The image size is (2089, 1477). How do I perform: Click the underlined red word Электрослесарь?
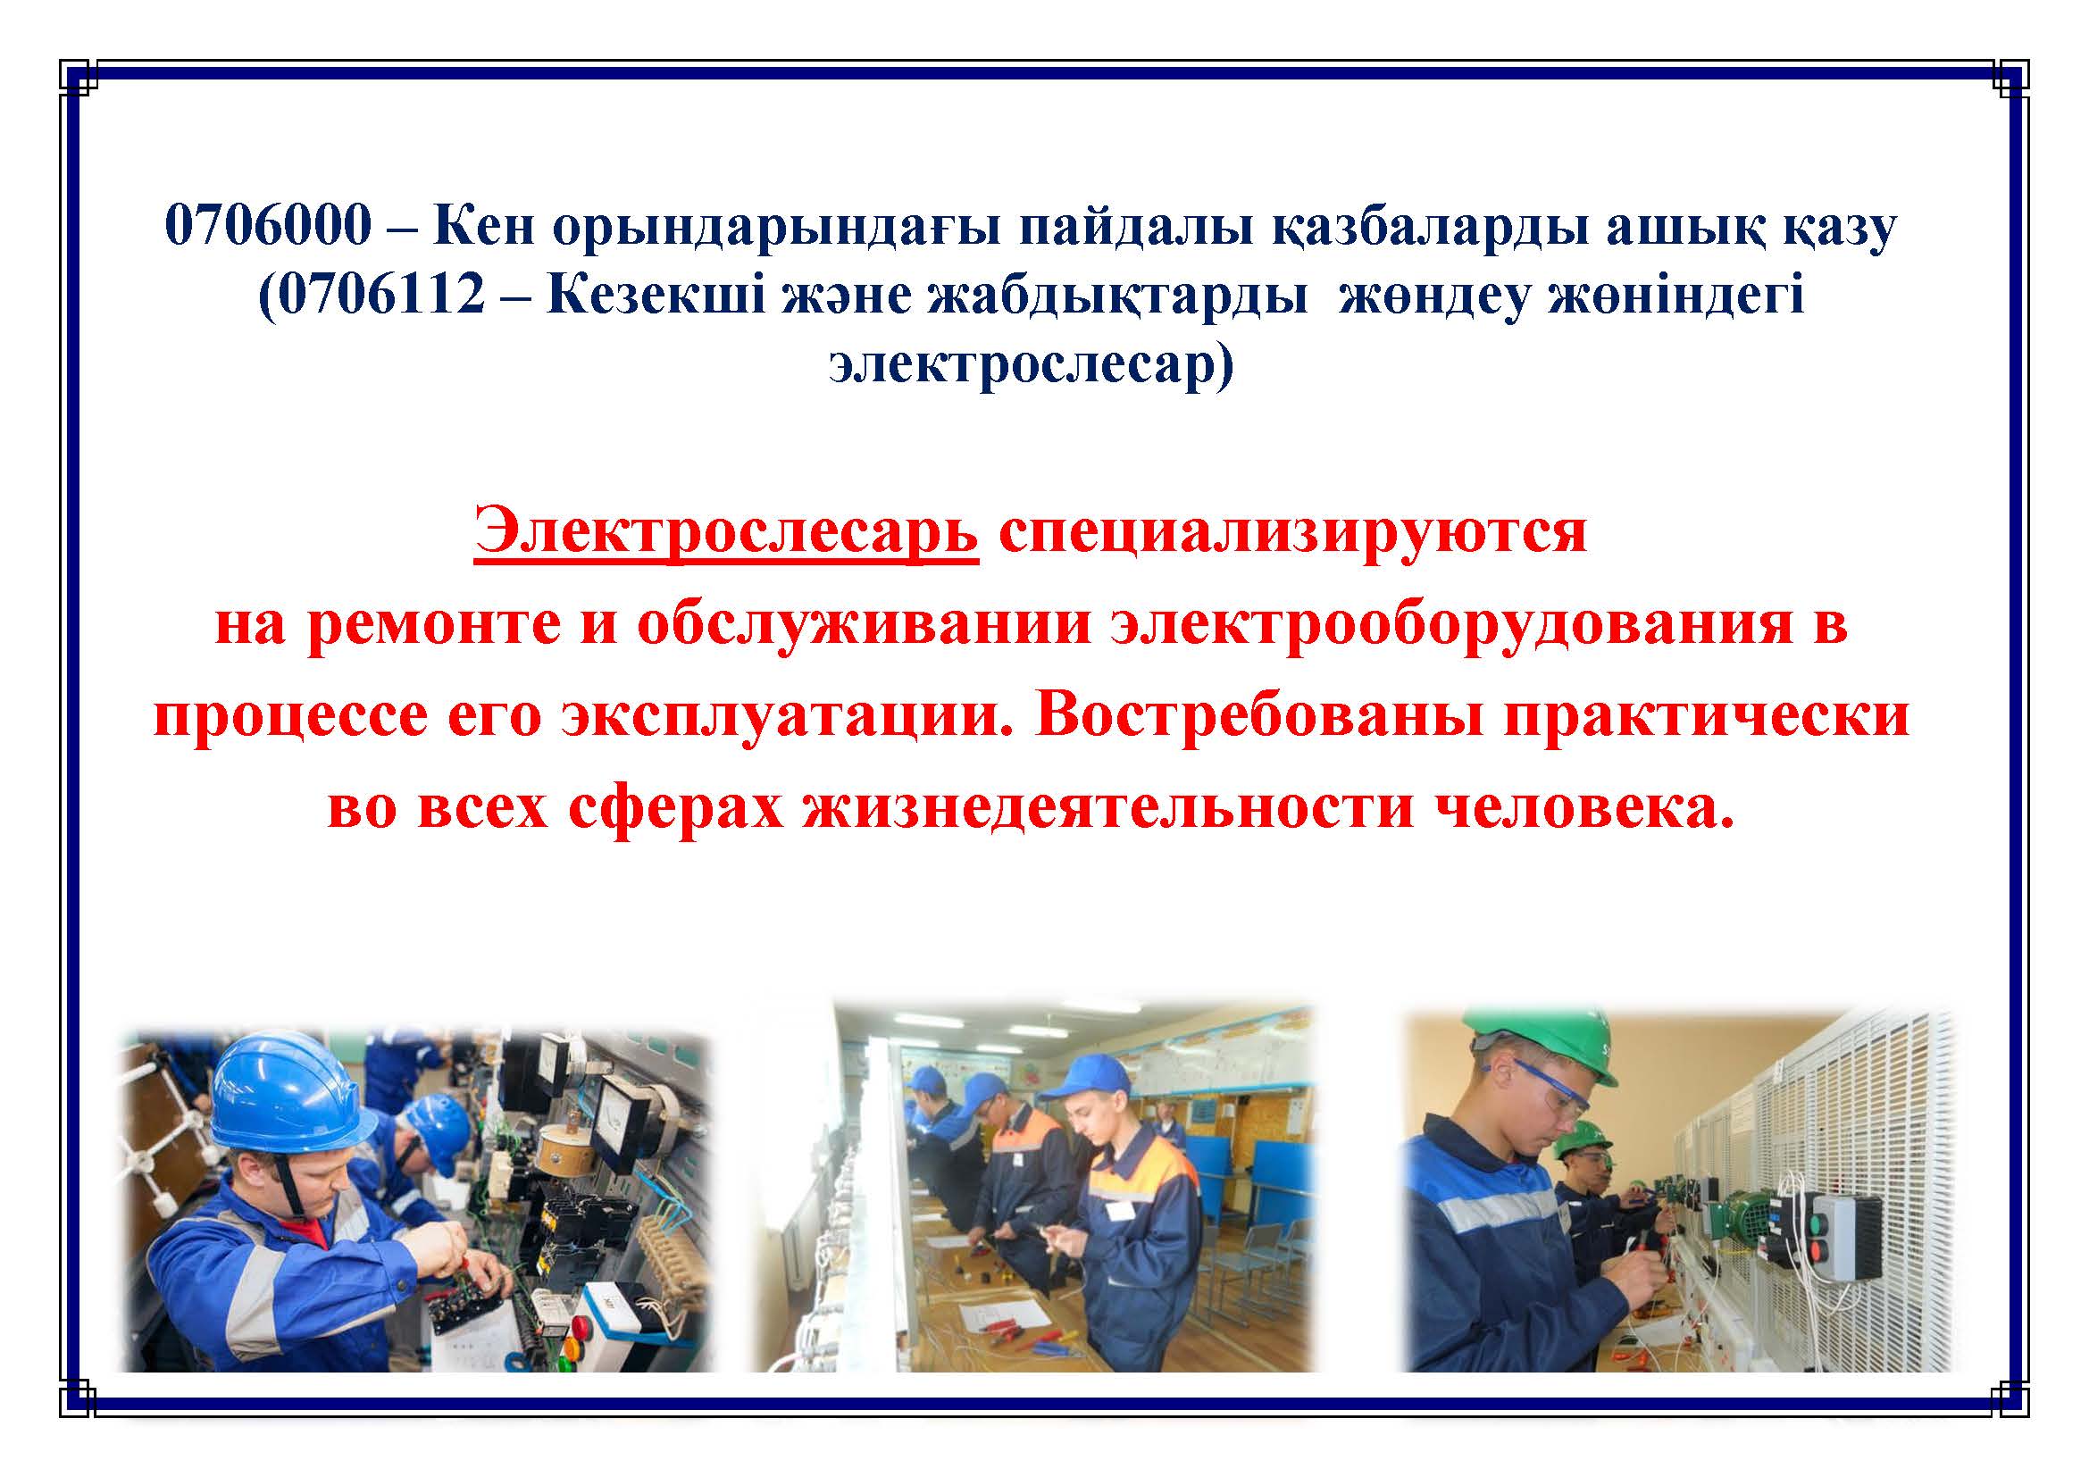726,534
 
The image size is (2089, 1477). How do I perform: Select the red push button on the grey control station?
1821,1254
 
